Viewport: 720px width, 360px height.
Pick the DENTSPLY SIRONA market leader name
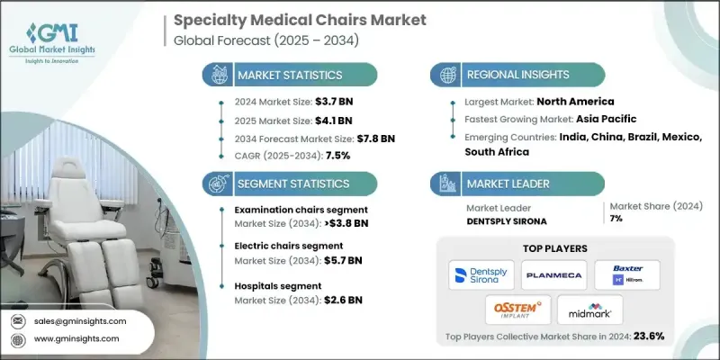[505, 219]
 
